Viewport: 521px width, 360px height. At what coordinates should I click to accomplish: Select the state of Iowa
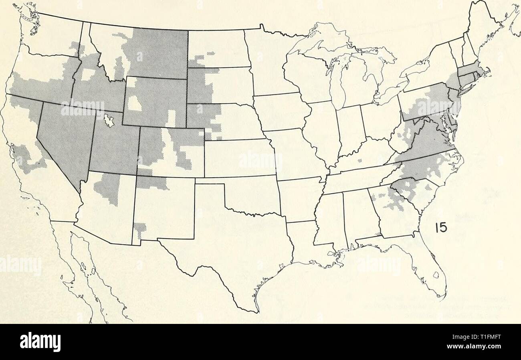281,112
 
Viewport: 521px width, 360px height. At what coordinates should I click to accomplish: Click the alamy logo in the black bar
40,342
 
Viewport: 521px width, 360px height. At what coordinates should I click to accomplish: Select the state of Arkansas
301,200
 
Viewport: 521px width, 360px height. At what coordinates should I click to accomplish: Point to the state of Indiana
351,128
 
